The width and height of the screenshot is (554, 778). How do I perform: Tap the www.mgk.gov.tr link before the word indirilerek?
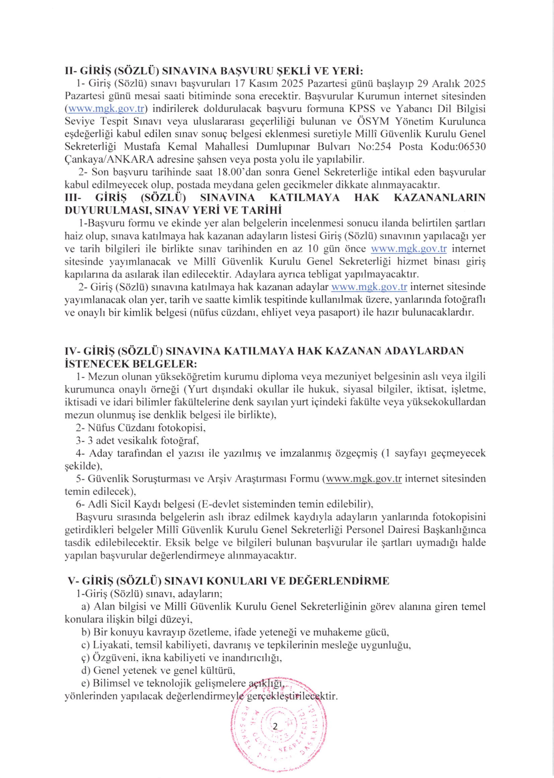[105, 109]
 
